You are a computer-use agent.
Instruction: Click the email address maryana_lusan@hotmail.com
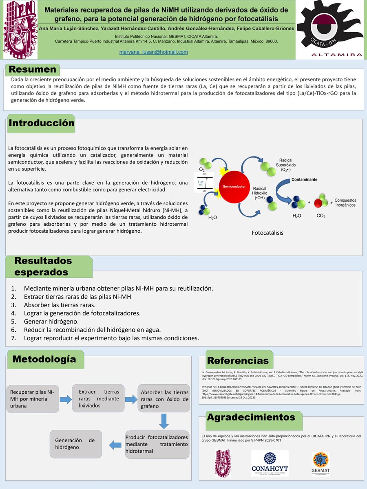tap(153, 52)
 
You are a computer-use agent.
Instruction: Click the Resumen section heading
tap(33, 69)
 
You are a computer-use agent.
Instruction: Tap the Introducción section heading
tap(42, 123)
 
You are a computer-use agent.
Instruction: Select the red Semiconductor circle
tap(234, 186)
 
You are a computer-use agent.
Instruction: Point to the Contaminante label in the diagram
tap(304, 179)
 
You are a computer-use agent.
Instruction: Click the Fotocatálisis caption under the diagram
tap(268, 233)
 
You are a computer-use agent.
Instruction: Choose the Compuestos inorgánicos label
tap(345, 203)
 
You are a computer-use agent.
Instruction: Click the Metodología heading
tap(44, 359)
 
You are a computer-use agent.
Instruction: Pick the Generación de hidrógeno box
tap(75, 444)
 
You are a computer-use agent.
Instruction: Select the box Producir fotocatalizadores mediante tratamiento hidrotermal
tap(157, 444)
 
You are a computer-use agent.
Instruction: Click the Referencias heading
tap(238, 361)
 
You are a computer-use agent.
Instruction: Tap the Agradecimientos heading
tap(251, 417)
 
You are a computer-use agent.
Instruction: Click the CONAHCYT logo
tap(270, 463)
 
